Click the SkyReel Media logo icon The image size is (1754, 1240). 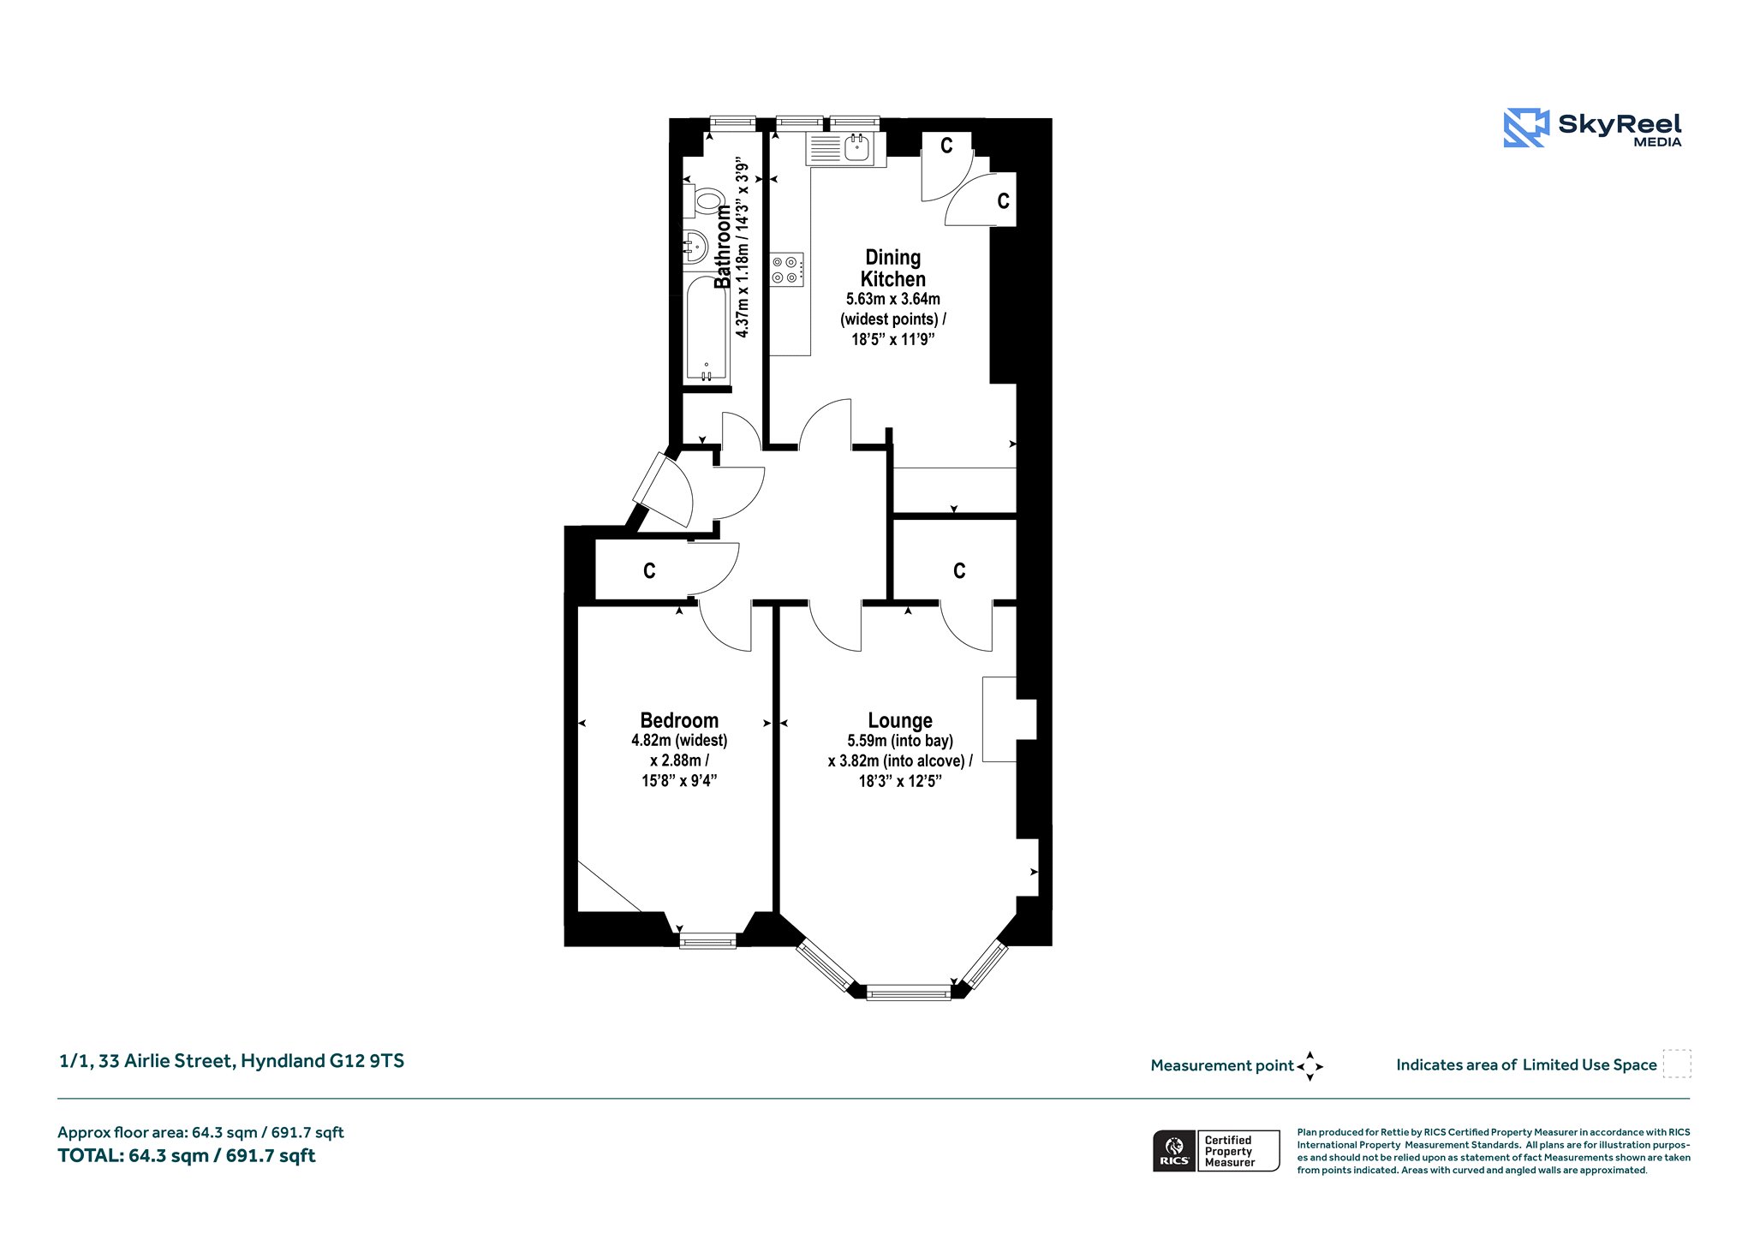pos(1525,128)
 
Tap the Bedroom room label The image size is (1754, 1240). pos(679,720)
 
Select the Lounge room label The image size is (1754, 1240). pos(900,721)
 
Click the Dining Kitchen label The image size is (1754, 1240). pos(893,268)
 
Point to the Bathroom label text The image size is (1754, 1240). pos(724,246)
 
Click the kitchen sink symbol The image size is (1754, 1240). pos(845,149)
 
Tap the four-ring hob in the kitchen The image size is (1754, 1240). pos(786,269)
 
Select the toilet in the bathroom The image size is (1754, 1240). pos(703,201)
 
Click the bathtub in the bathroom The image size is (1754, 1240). pos(706,331)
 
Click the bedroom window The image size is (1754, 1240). pos(707,942)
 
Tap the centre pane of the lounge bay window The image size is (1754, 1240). pos(908,993)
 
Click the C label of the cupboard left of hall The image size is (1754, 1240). pos(649,571)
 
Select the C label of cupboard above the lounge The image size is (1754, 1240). pos(959,571)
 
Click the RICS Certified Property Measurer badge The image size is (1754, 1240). pos(1216,1151)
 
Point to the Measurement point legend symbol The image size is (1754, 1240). pos(1310,1066)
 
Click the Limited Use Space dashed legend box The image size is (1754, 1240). pos(1677,1064)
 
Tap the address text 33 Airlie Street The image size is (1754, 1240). pos(165,1061)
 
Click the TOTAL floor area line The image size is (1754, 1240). pos(187,1156)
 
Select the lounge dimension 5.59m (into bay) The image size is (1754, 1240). pos(900,741)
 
